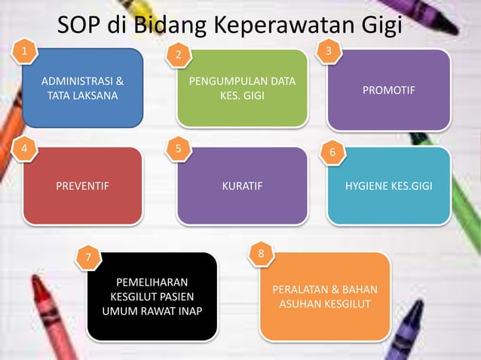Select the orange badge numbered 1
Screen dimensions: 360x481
pos(28,51)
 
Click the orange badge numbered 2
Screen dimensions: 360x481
pos(179,54)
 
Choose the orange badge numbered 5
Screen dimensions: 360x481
pos(179,148)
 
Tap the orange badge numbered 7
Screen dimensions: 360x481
pos(90,258)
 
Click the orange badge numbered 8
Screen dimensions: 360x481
pos(261,255)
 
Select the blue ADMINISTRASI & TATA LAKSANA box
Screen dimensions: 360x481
pos(83,88)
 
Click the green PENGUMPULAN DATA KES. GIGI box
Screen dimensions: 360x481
pos(242,88)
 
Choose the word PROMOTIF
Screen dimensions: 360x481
pos(389,90)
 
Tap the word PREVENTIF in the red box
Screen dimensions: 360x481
pos(83,185)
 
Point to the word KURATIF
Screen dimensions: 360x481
pos(243,185)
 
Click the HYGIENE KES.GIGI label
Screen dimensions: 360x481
pos(389,185)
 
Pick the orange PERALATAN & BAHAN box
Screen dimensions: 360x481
pos(325,297)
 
